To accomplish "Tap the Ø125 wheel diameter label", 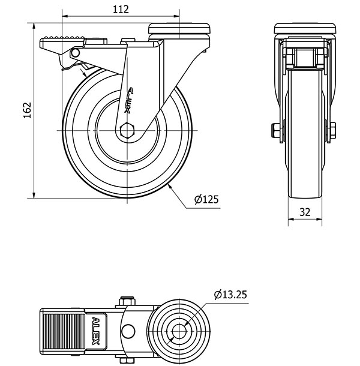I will [206, 200].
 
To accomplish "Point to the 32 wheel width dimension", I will [305, 211].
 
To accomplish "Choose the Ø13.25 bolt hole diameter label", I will [230, 295].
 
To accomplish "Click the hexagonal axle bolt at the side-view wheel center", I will [127, 130].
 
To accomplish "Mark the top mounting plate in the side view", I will [180, 28].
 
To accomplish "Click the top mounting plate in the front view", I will [305, 28].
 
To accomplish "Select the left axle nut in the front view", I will [276, 131].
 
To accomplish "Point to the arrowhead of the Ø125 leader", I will [172, 187].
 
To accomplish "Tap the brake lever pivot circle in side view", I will [76, 53].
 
